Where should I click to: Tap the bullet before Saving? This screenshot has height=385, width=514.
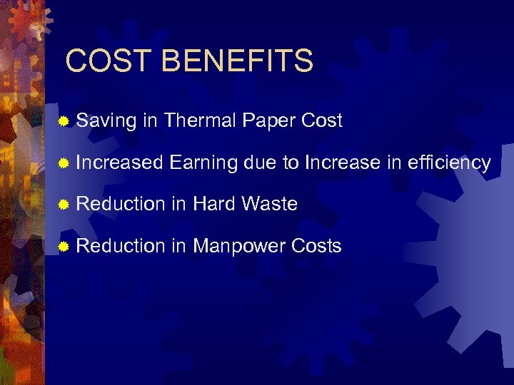(64, 122)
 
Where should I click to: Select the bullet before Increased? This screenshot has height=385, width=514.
(64, 164)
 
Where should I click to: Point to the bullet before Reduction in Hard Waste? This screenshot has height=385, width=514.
(64, 205)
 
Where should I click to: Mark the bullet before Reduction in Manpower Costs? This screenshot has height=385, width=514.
(64, 247)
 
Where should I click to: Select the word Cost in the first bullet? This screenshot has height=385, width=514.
(322, 120)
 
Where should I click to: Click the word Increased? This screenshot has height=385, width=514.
(119, 163)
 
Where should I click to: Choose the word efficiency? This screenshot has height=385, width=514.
(448, 163)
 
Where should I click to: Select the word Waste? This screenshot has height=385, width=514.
(269, 204)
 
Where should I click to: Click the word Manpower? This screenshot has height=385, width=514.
(239, 247)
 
